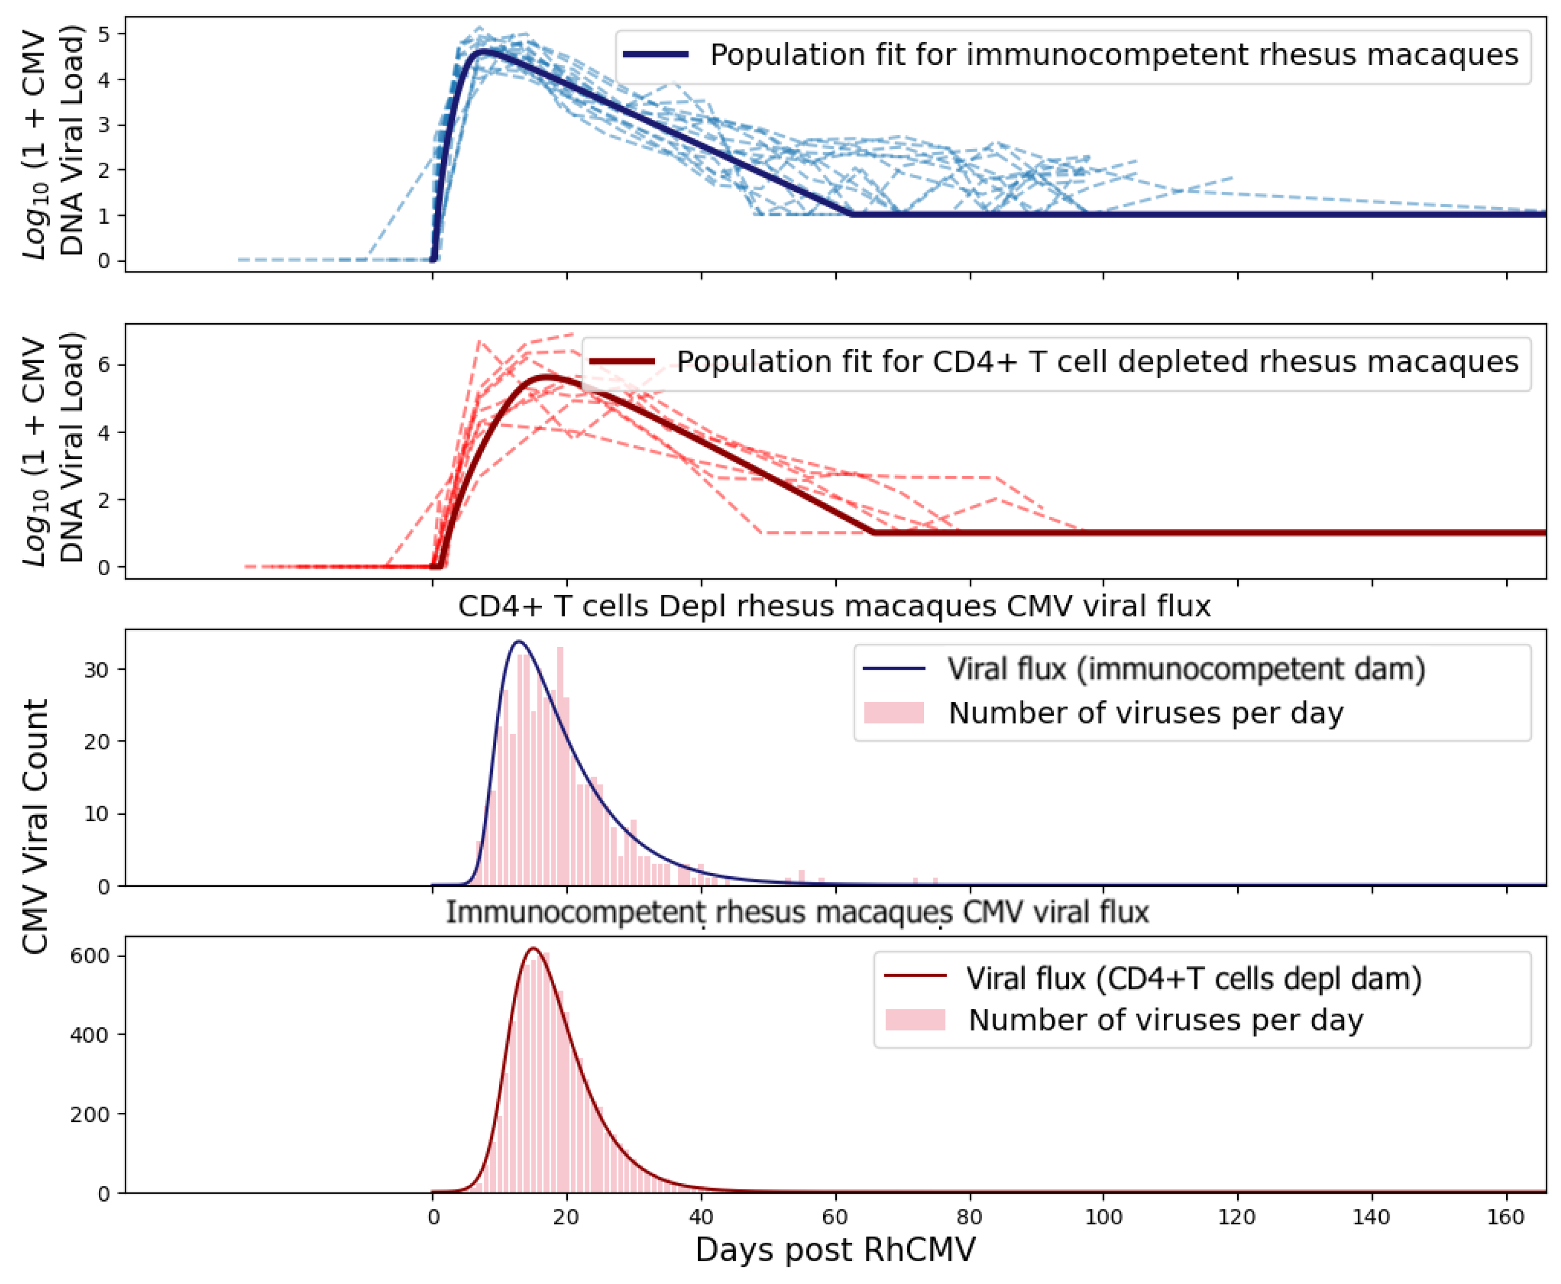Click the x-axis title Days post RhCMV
pyautogui.click(x=835, y=1250)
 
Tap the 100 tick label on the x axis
pyautogui.click(x=1103, y=1217)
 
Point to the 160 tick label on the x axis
pyautogui.click(x=1506, y=1217)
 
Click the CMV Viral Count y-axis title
pyautogui.click(x=35, y=826)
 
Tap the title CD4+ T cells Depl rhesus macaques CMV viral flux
pyautogui.click(x=834, y=606)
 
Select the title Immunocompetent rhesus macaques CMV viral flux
pyautogui.click(x=797, y=912)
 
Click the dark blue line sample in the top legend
pyautogui.click(x=656, y=55)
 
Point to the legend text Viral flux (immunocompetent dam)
pyautogui.click(x=1186, y=669)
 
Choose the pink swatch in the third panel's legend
pyautogui.click(x=894, y=713)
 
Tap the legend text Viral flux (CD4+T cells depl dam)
pyautogui.click(x=1193, y=979)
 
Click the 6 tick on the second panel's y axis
pyautogui.click(x=104, y=364)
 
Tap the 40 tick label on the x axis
pyautogui.click(x=700, y=1217)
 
